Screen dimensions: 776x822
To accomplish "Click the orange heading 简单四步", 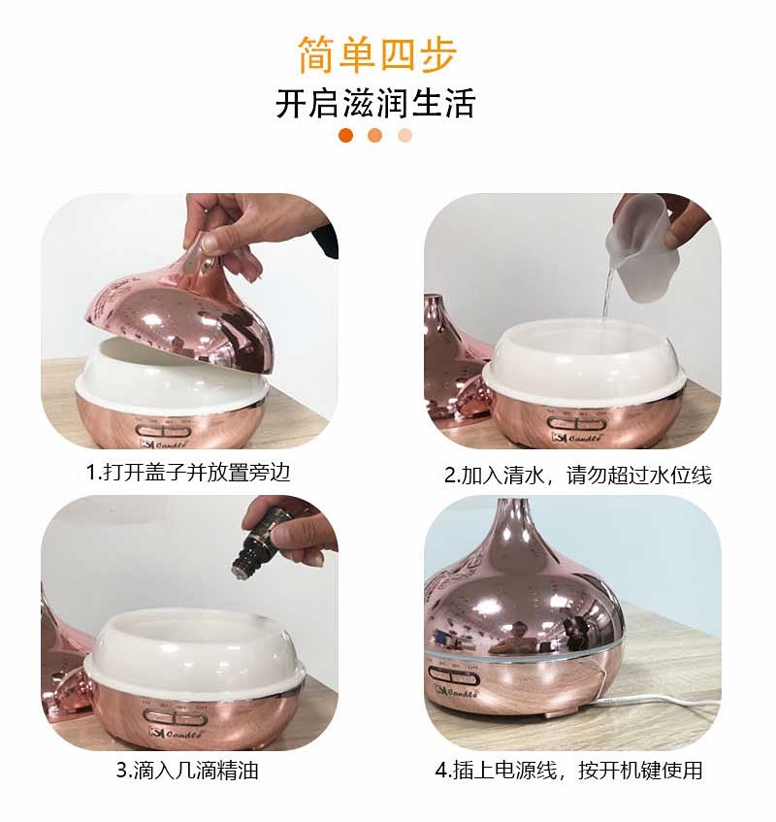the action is click(x=377, y=54).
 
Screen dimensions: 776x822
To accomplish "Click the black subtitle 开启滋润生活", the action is click(x=375, y=103).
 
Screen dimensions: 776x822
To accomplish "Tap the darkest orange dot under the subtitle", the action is click(x=346, y=135).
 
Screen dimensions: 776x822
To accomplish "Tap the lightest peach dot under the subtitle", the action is click(x=405, y=135).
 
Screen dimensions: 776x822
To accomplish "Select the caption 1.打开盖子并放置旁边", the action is click(x=188, y=473).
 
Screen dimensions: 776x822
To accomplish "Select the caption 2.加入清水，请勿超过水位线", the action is click(x=578, y=475).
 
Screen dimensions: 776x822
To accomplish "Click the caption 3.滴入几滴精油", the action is click(x=187, y=771).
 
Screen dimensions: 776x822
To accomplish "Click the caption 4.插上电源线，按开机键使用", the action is click(x=569, y=771).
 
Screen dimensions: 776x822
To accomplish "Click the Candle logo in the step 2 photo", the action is click(x=576, y=437).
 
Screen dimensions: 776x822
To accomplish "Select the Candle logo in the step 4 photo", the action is click(x=456, y=691).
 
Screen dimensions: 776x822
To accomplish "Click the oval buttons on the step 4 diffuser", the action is click(x=454, y=675).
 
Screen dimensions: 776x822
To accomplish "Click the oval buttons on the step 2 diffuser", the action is click(x=576, y=423).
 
